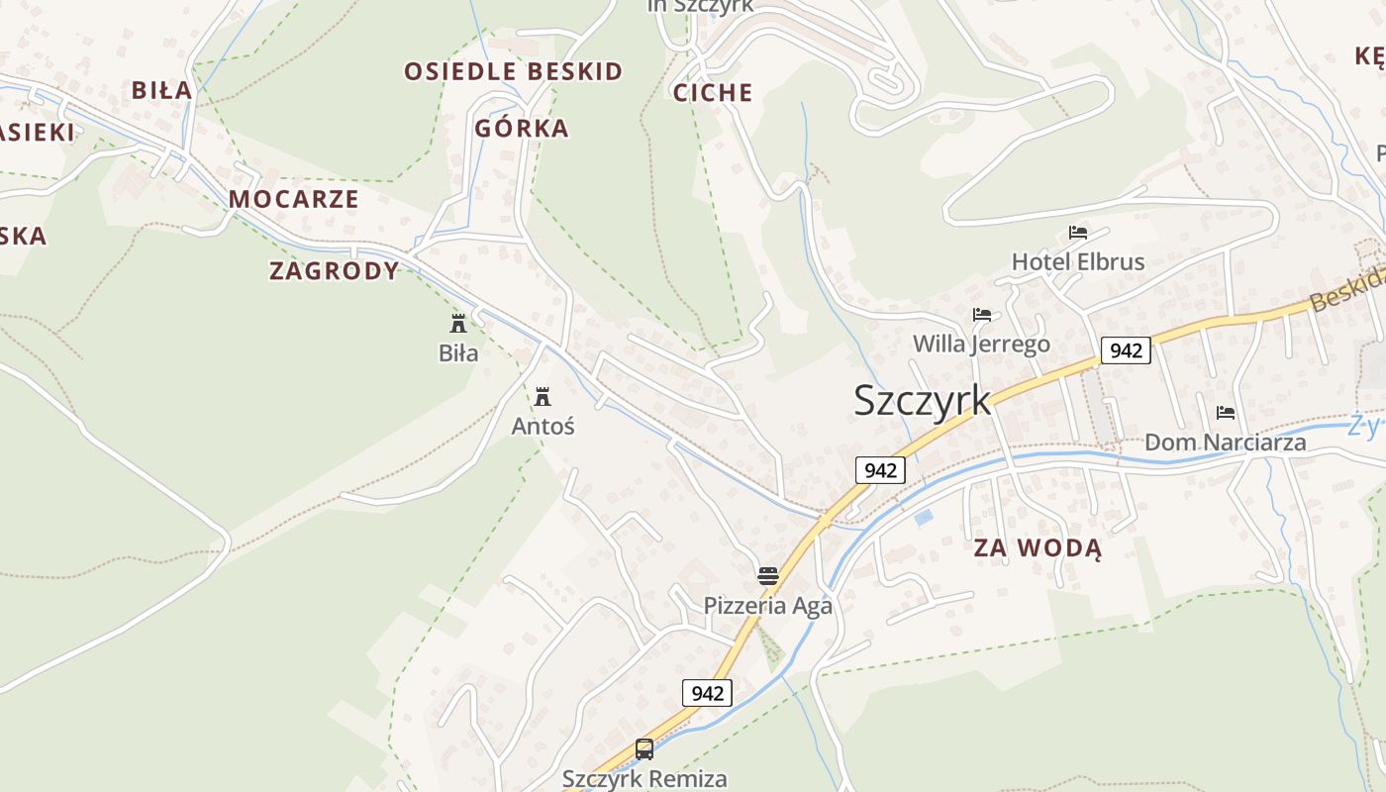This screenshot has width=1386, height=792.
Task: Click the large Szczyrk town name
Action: (922, 400)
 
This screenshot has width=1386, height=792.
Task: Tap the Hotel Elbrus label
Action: (1077, 262)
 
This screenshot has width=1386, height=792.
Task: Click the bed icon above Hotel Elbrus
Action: (1078, 233)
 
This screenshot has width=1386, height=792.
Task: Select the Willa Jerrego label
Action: (981, 345)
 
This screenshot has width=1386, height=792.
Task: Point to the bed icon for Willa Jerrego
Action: (982, 315)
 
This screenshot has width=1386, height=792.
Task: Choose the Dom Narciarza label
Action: (1225, 443)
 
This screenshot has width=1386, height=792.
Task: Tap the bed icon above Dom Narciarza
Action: (1226, 412)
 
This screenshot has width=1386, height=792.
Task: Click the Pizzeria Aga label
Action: (767, 605)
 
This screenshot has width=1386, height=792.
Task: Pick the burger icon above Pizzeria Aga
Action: (768, 575)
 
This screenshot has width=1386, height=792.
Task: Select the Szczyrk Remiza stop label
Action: (644, 779)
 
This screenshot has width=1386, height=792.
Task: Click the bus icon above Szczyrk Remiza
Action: (644, 749)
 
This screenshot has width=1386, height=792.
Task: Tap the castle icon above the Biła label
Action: (458, 323)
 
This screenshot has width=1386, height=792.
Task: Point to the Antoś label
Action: (543, 427)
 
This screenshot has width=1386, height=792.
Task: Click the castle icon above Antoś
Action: (543, 397)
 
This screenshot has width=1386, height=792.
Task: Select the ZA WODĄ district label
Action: (1038, 548)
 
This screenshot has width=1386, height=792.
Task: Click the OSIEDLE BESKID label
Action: (514, 71)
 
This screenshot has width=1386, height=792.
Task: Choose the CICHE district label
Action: (713, 93)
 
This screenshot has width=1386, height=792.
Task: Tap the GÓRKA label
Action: (522, 129)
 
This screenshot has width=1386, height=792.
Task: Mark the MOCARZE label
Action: (294, 199)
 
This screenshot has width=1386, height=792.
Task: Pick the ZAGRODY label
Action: (335, 271)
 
